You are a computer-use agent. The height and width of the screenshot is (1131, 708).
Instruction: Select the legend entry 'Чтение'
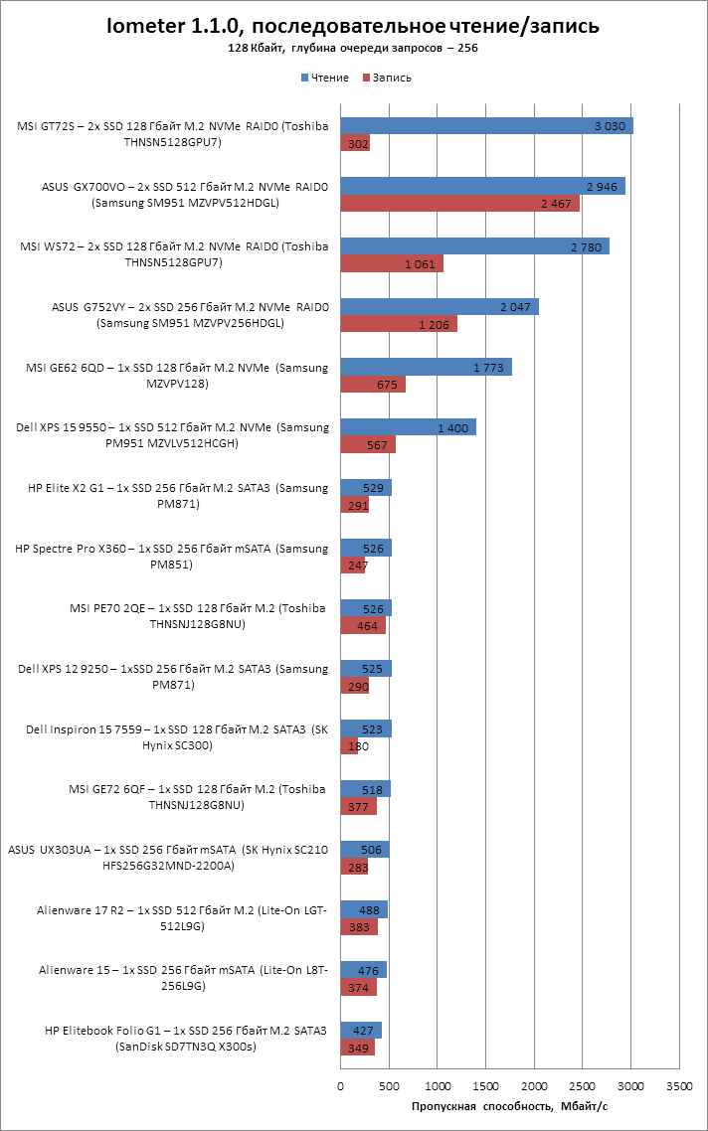pos(328,78)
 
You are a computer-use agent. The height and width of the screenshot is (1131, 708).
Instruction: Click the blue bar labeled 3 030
pos(486,126)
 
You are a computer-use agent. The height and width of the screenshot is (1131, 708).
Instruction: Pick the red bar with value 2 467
pos(459,204)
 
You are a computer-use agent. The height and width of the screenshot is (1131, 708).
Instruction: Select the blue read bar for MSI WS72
pos(474,246)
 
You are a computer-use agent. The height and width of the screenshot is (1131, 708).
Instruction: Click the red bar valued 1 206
pos(399,324)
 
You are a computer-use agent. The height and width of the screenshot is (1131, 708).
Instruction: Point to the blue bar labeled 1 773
pos(426,367)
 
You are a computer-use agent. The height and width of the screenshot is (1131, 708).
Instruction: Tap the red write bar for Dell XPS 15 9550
pos(368,444)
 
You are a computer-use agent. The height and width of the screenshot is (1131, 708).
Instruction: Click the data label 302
pos(355,144)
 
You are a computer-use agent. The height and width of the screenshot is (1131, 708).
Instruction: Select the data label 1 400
pos(453,427)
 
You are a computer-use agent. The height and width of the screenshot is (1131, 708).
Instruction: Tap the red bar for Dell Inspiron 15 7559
pos(349,745)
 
